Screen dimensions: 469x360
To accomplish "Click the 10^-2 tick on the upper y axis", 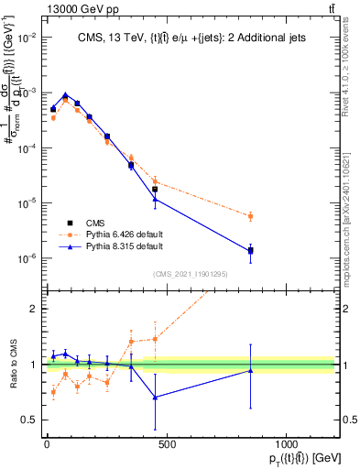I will coord(27,38).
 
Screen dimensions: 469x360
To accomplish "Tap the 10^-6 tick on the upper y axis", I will coord(27,258).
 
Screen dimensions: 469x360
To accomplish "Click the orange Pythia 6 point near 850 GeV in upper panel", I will coord(250,216).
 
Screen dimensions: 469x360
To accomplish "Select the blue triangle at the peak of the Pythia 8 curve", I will coord(65,94).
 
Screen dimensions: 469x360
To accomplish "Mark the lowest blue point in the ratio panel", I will coord(155,397).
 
